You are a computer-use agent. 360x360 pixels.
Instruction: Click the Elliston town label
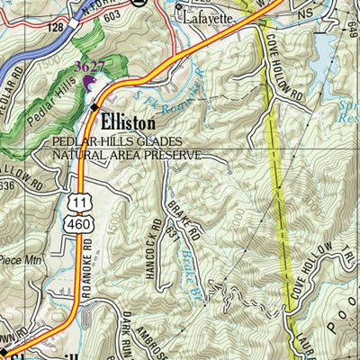[128, 121]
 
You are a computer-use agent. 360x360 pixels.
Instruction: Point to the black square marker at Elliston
[94, 107]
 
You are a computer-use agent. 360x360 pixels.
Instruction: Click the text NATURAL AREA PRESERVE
[127, 154]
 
